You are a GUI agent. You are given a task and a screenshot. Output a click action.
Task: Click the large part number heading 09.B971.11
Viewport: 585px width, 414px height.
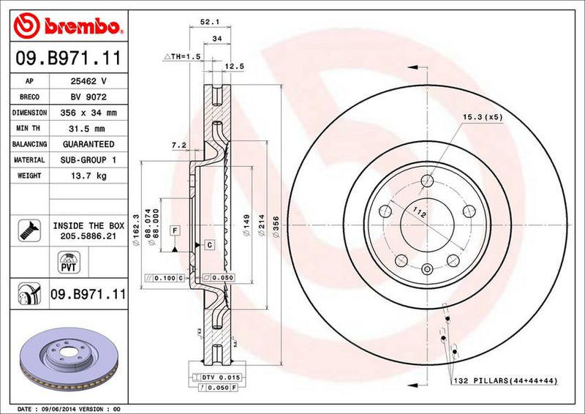[x=66, y=56]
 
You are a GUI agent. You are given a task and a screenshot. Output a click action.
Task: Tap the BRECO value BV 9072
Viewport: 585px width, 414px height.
[x=85, y=97]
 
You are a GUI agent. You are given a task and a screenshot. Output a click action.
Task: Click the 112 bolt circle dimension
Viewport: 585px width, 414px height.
[x=418, y=213]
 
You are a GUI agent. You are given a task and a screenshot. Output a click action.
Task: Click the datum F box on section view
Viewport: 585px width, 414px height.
[x=175, y=231]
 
